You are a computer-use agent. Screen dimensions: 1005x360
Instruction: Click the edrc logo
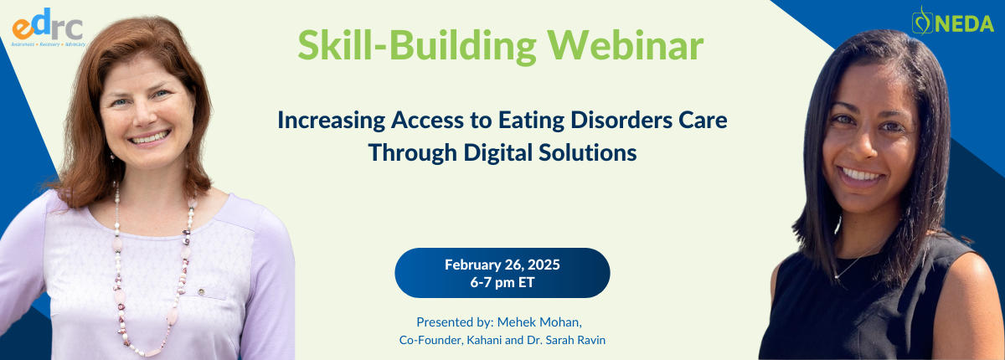(x=48, y=28)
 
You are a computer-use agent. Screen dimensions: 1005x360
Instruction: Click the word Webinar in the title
(x=625, y=45)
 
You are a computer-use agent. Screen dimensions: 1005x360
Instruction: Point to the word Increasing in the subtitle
(x=332, y=121)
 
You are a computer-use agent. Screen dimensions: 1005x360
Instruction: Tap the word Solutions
(x=587, y=153)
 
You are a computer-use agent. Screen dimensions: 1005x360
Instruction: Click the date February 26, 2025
(x=502, y=265)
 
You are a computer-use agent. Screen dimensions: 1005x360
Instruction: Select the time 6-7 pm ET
(x=502, y=282)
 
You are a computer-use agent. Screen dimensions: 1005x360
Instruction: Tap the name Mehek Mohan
(x=539, y=322)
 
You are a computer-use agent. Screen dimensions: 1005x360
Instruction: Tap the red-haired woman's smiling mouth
(x=149, y=136)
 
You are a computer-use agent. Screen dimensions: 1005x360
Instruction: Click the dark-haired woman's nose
(x=864, y=149)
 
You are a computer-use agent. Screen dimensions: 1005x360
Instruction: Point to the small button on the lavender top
(x=201, y=292)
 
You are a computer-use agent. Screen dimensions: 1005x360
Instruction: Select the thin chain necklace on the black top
(x=855, y=260)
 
